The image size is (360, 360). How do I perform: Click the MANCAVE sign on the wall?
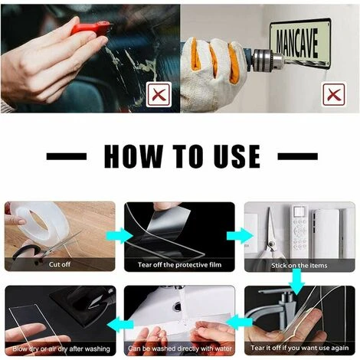pyautogui.click(x=300, y=43)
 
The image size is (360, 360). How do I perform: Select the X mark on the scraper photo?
pyautogui.click(x=159, y=94)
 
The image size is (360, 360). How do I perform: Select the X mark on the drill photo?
pyautogui.click(x=334, y=94)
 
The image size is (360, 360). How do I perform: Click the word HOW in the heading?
pyautogui.click(x=133, y=156)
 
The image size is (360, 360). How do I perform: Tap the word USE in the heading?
pyautogui.click(x=237, y=156)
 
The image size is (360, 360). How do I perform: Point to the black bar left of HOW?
pyautogui.click(x=67, y=156)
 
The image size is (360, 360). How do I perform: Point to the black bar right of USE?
pyautogui.click(x=297, y=156)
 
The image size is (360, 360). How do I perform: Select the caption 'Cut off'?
pyautogui.click(x=60, y=264)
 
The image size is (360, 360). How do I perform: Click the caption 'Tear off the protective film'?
pyautogui.click(x=179, y=265)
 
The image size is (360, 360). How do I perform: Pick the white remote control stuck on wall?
pyautogui.click(x=299, y=231)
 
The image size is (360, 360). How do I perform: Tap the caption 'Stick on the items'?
pyautogui.click(x=299, y=266)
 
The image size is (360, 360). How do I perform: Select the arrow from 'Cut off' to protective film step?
pyautogui.click(x=119, y=236)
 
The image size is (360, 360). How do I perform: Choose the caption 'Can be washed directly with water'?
pyautogui.click(x=180, y=349)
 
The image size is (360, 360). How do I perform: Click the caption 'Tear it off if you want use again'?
pyautogui.click(x=299, y=348)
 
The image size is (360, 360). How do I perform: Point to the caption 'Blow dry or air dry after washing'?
pyautogui.click(x=61, y=349)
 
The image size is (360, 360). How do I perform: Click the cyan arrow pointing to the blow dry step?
pyautogui.click(x=120, y=325)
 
